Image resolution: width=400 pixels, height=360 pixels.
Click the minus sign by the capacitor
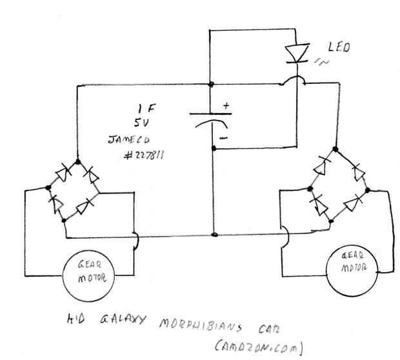click(223, 137)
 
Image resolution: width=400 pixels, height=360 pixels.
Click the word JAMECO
click(128, 139)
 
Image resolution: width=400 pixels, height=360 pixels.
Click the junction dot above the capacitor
click(212, 85)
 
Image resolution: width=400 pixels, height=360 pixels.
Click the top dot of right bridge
click(337, 146)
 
